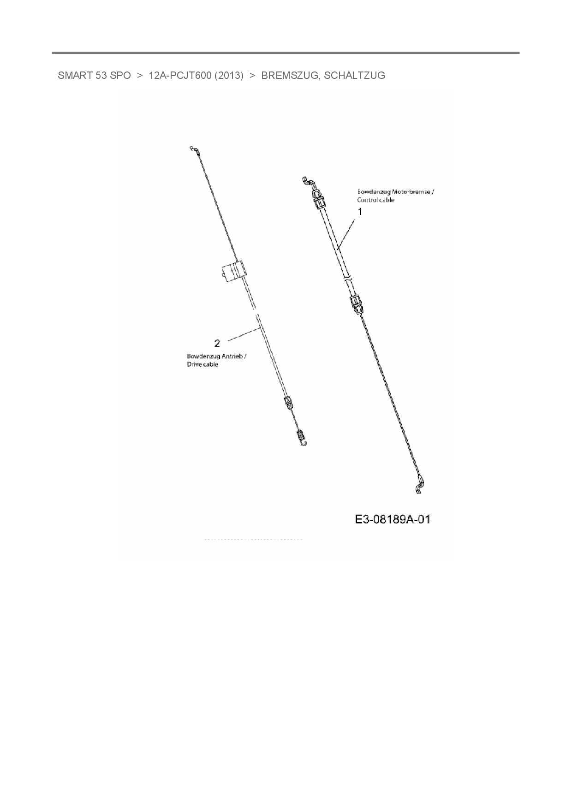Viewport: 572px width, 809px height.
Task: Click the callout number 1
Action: pos(360,212)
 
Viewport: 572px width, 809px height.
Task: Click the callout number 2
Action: pos(217,343)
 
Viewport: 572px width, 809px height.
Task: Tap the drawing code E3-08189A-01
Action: pos(393,519)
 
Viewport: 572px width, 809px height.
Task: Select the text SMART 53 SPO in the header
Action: pos(94,76)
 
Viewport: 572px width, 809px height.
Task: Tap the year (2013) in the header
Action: pos(229,76)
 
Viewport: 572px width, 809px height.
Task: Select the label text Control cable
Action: pos(375,200)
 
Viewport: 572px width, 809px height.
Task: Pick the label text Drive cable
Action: pos(203,364)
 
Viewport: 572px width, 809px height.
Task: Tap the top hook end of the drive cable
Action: pos(193,149)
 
